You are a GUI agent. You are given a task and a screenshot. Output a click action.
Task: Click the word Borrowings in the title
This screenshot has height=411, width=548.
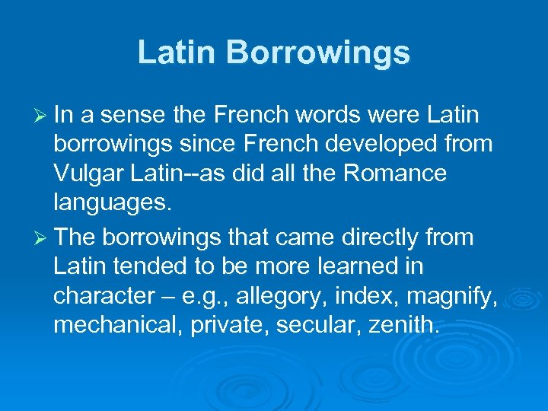pos(317,53)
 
